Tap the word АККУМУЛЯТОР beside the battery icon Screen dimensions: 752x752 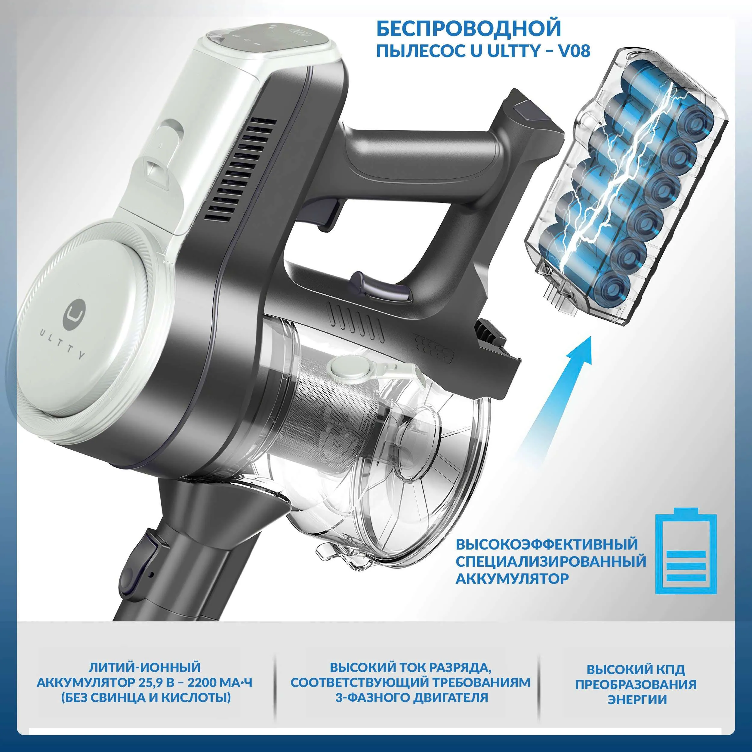[x=512, y=579]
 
